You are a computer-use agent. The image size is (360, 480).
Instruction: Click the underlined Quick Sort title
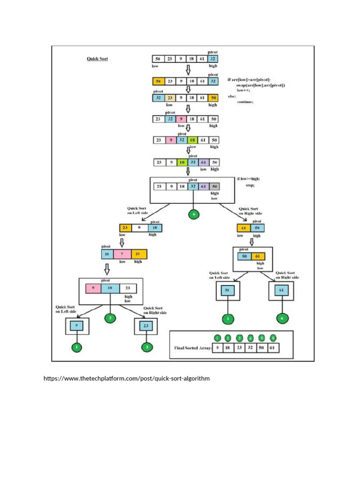pyautogui.click(x=97, y=59)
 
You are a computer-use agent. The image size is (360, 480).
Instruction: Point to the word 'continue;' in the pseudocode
pyautogui.click(x=245, y=102)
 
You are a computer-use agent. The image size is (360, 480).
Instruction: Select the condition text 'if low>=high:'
pyautogui.click(x=248, y=179)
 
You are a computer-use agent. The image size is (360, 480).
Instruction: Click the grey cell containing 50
pyautogui.click(x=214, y=186)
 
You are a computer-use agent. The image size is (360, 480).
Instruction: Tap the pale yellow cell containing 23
pyautogui.click(x=170, y=97)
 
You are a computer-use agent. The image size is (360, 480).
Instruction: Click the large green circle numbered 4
pyautogui.click(x=194, y=214)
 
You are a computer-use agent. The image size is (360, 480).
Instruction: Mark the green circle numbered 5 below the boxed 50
pyautogui.click(x=227, y=319)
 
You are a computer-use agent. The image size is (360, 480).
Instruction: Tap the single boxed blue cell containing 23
pyautogui.click(x=146, y=326)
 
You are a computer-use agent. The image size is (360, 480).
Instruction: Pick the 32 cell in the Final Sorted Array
pyautogui.click(x=251, y=348)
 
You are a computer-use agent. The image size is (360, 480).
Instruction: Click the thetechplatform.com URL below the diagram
pyautogui.click(x=127, y=378)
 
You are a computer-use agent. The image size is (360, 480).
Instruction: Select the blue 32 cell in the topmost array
pyautogui.click(x=213, y=59)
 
